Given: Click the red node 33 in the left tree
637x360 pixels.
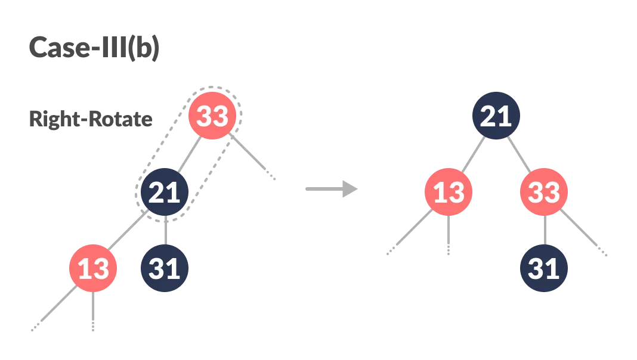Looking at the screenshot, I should click(x=212, y=116).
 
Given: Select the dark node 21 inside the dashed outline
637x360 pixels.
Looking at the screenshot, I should click(x=165, y=193).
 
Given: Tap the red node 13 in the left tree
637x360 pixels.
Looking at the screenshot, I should click(x=93, y=268).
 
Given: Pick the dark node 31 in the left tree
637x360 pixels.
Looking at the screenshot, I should click(x=165, y=268).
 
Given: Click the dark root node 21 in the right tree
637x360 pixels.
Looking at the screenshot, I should click(x=496, y=116).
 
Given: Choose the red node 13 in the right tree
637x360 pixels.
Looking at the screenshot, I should click(x=449, y=193).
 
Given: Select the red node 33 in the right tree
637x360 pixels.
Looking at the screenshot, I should click(x=544, y=193).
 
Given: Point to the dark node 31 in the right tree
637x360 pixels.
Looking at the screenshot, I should click(x=544, y=268).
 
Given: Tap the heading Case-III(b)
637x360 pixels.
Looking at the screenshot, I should click(x=94, y=48).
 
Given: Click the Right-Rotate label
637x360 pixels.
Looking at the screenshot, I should click(x=91, y=119).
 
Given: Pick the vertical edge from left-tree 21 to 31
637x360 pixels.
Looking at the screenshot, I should click(x=165, y=230).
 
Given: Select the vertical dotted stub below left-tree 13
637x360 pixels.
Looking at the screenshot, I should click(x=94, y=310).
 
